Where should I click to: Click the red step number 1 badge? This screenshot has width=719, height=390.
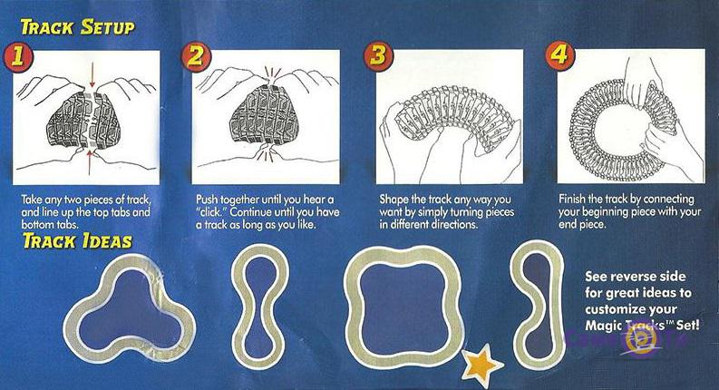coord(18,57)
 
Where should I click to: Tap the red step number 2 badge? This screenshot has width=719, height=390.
coord(196,57)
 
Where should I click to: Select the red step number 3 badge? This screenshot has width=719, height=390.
coord(378,56)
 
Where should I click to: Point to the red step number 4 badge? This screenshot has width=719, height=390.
coord(559,55)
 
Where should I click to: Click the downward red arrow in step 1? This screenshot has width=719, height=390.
coord(92,74)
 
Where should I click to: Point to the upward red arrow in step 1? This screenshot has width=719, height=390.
coord(91,162)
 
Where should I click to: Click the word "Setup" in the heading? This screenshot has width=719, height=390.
coord(108,27)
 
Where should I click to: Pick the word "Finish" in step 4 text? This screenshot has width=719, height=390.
coord(572,200)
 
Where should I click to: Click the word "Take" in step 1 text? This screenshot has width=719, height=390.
coord(31,200)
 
